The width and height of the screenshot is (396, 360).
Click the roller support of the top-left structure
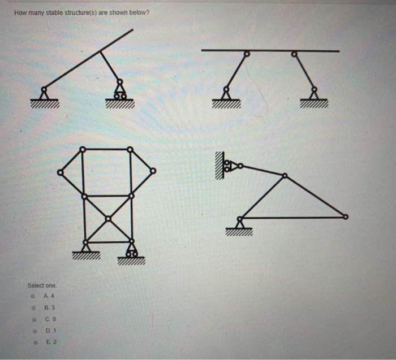(120, 92)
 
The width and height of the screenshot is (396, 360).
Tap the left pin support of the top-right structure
(226, 92)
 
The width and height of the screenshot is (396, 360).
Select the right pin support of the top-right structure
(313, 92)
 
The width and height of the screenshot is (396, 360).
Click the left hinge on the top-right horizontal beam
(246, 54)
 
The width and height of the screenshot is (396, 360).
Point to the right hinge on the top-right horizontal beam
(294, 54)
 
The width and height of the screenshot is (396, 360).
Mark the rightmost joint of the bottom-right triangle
(346, 216)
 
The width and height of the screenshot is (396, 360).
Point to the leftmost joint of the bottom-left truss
(60, 172)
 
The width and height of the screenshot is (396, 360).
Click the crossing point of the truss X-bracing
(108, 220)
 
